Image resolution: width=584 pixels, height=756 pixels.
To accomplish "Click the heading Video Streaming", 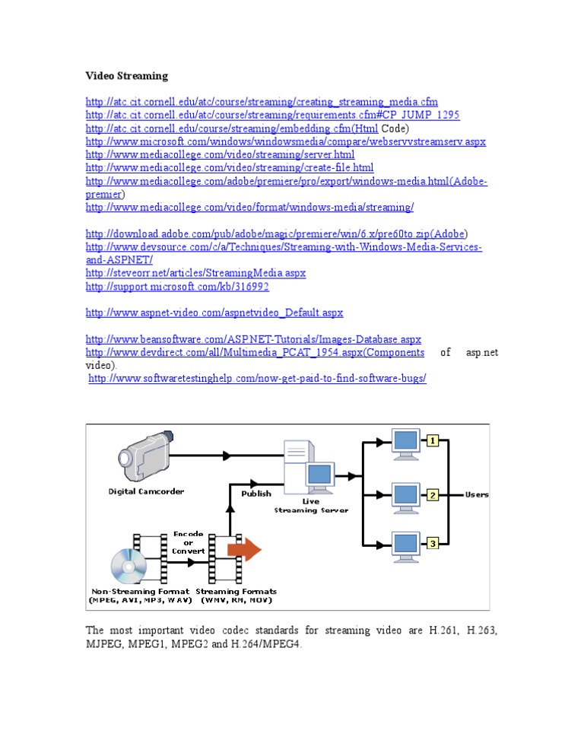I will coord(126,76).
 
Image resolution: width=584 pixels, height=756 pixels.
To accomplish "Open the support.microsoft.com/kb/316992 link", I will coord(177,287).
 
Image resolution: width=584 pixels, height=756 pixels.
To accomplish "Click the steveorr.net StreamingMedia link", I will coord(195,273).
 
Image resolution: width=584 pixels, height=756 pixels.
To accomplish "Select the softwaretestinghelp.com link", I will coord(258,378).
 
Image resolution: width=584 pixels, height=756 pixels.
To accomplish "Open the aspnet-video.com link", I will coord(214,313).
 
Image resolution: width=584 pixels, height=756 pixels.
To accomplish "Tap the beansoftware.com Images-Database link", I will coord(253,339).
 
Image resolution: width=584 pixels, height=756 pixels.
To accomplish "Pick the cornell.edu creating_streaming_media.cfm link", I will coord(262,102).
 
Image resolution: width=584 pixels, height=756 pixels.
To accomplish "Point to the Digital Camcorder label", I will coord(146,491).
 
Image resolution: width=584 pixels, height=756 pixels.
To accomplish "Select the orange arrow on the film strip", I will coord(244,549).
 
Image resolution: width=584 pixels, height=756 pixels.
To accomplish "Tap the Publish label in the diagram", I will coord(256,494).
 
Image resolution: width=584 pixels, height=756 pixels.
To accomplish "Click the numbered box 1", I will coord(432,440).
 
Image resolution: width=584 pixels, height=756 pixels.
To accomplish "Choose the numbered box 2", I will coord(432,495).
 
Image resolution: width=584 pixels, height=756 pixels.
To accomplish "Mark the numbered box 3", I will coord(432,543).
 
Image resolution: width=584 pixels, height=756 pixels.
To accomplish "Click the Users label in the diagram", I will coord(477,494).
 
